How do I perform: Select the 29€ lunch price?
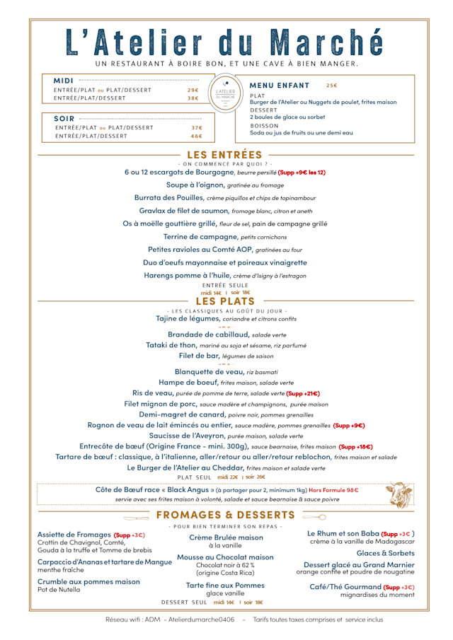193,90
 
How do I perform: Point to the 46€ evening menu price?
196,136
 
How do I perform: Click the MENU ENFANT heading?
280,85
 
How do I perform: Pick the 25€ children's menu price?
332,85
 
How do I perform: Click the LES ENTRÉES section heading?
224,155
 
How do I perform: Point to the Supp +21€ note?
303,393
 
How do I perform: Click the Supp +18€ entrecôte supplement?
356,447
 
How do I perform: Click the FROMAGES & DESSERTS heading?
225,515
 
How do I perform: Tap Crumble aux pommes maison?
88,581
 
